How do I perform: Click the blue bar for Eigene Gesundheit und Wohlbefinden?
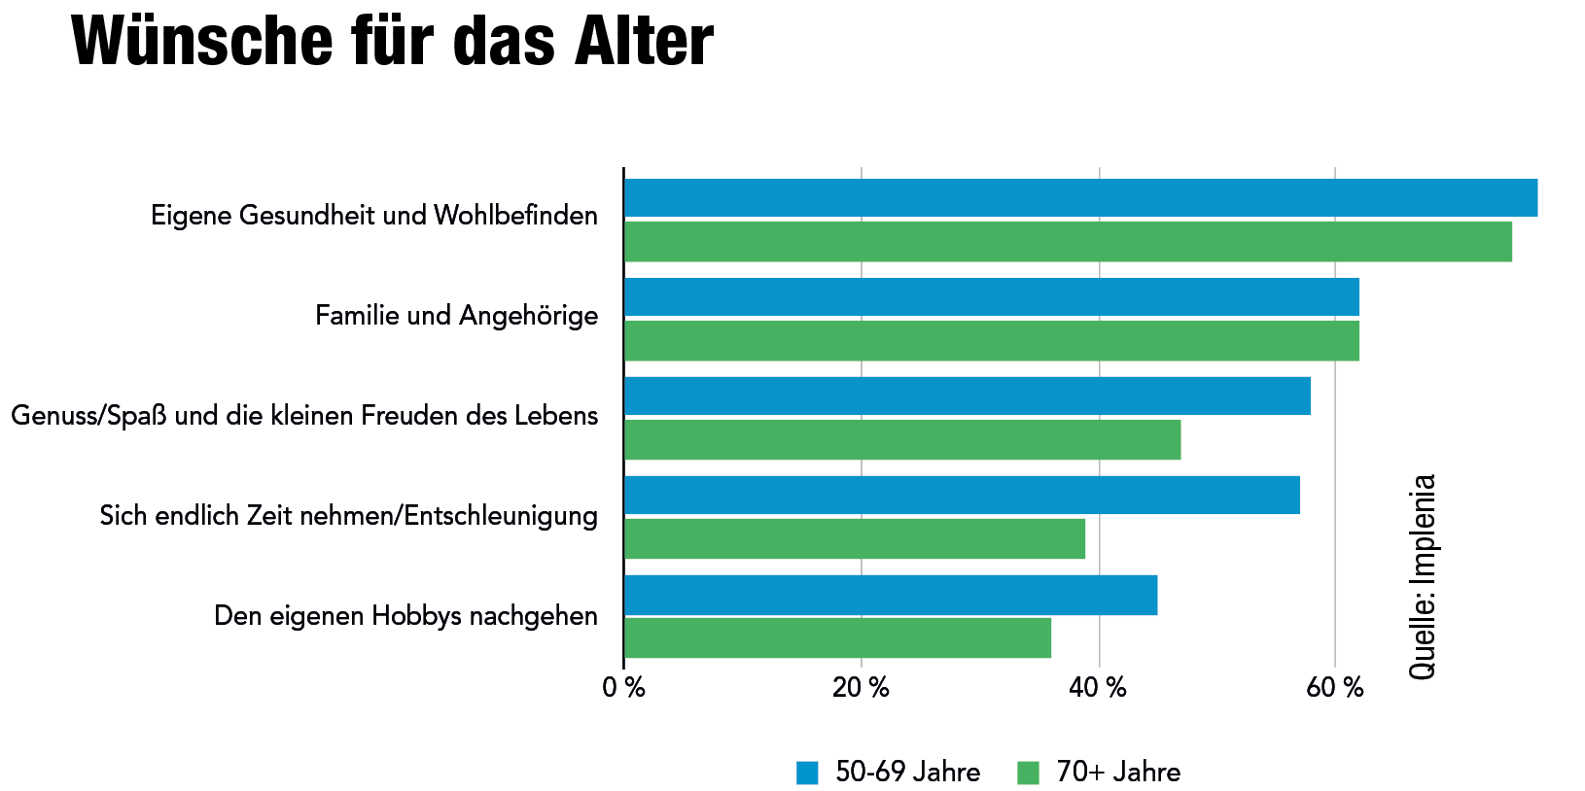pyautogui.click(x=1079, y=197)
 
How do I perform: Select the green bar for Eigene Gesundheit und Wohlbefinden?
pyautogui.click(x=1067, y=241)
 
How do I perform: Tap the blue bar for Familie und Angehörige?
pyautogui.click(x=991, y=297)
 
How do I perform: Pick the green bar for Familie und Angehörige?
pyautogui.click(x=991, y=340)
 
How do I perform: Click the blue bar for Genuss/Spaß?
pyautogui.click(x=967, y=395)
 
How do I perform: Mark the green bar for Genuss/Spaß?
pyautogui.click(x=901, y=439)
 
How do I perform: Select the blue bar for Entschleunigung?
pyautogui.click(x=961, y=495)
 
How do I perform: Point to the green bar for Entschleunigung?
pyautogui.click(x=854, y=538)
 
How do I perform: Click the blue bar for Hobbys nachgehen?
pyautogui.click(x=890, y=595)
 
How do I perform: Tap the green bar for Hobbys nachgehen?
pyautogui.click(x=836, y=637)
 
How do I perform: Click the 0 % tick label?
pyautogui.click(x=623, y=689)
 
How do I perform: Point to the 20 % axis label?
pyautogui.click(x=861, y=689)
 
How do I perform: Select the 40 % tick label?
pyautogui.click(x=1098, y=689)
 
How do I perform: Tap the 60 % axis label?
pyautogui.click(x=1334, y=689)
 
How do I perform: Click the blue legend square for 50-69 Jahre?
pyautogui.click(x=807, y=773)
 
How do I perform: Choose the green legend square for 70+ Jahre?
pyautogui.click(x=1028, y=773)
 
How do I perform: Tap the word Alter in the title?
pyautogui.click(x=643, y=42)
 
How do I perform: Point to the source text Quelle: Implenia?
pyautogui.click(x=1422, y=576)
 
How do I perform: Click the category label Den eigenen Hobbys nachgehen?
pyautogui.click(x=405, y=616)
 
